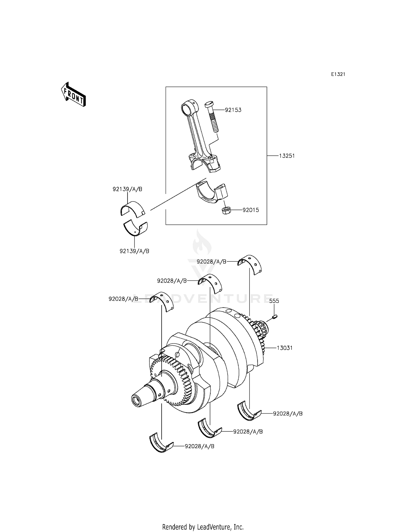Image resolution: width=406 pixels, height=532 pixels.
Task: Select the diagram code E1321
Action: pyautogui.click(x=338, y=74)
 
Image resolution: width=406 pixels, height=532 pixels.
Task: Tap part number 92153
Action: pyautogui.click(x=233, y=110)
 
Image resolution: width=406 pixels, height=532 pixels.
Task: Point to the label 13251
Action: pyautogui.click(x=287, y=156)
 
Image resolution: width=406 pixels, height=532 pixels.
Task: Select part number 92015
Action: pyautogui.click(x=251, y=210)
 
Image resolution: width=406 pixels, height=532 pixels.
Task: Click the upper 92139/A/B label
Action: pyautogui.click(x=127, y=189)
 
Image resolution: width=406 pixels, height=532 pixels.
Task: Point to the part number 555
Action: pyautogui.click(x=274, y=301)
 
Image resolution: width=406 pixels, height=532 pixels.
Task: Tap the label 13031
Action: pyautogui.click(x=284, y=348)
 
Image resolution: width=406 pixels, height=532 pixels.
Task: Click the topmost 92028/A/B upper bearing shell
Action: pyautogui.click(x=250, y=264)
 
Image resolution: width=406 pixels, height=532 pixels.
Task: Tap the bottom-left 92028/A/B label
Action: pyautogui.click(x=199, y=446)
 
